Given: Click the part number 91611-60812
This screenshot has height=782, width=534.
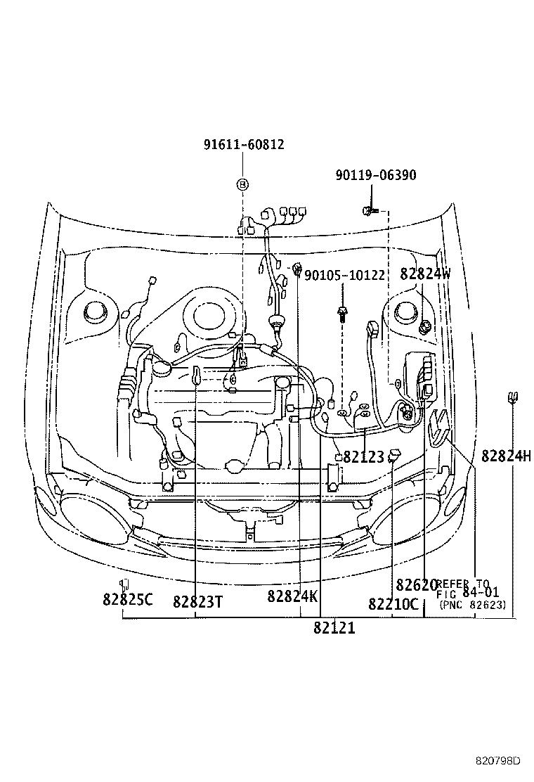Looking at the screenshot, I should pos(244,145).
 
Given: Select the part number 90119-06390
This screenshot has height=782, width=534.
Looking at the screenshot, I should pos(375,175).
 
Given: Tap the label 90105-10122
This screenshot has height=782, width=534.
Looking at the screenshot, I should pos(344,275).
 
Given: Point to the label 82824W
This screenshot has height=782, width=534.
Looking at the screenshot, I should pos(425,275).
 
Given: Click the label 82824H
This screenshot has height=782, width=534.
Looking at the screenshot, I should pos(506,456).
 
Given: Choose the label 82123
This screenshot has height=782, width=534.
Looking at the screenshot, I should pos(363,458).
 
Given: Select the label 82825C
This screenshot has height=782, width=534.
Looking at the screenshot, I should pos(127,600).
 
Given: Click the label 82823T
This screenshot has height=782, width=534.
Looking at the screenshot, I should pos(197,601).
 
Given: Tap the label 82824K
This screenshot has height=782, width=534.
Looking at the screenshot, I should pos(292,596).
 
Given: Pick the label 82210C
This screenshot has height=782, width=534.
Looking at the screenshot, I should pos(393,604).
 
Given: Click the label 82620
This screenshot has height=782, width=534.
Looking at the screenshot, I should pos(416,585).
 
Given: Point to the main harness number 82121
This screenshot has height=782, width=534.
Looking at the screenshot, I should pos(334,628).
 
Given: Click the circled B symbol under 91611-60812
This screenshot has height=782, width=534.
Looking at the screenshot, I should pos(242,184).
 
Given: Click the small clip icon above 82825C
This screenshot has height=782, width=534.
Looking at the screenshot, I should pos(124,583).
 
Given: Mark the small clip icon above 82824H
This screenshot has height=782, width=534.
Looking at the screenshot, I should pos(513,398).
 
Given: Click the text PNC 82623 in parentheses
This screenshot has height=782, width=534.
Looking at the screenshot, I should pos(472,604).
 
